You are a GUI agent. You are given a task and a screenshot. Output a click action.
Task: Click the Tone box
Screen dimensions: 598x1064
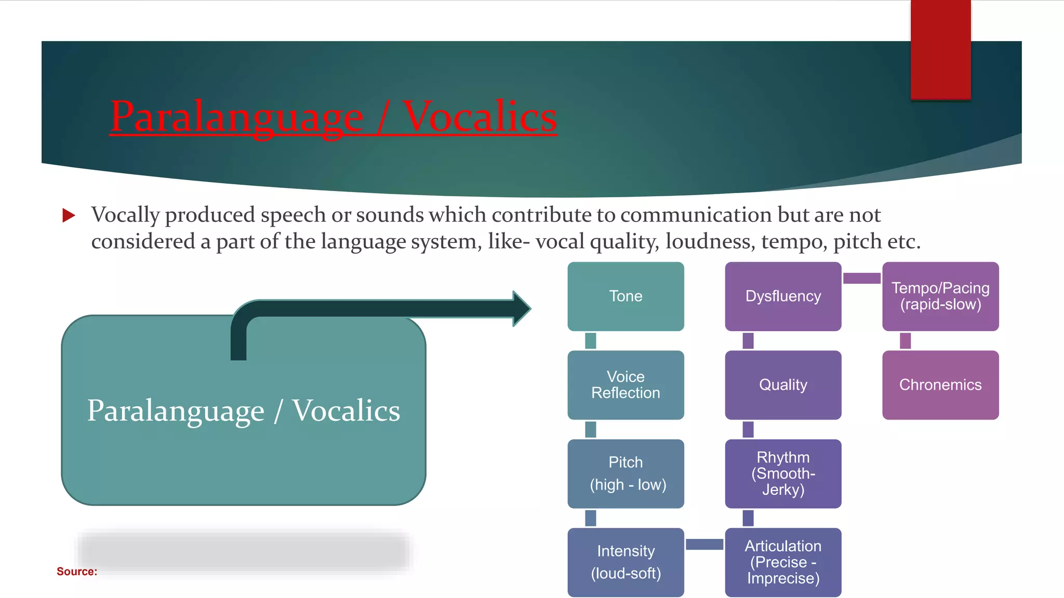(x=626, y=296)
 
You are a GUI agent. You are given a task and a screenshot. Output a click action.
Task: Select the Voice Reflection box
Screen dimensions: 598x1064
(x=626, y=385)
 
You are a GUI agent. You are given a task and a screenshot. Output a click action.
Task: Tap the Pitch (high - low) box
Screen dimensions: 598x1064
(x=626, y=473)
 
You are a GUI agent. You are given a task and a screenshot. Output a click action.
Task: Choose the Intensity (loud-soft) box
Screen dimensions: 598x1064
(x=626, y=562)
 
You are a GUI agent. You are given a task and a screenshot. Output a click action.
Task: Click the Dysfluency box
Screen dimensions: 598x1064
(x=783, y=296)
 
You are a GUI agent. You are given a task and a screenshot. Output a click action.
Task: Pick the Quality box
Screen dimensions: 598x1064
(x=783, y=385)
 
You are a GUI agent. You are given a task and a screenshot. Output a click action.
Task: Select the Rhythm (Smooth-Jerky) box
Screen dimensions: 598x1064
(x=783, y=473)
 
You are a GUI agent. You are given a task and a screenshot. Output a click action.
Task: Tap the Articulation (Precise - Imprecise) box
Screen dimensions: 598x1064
(x=783, y=562)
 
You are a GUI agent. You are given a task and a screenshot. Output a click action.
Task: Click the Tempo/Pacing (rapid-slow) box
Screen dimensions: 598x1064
(x=940, y=296)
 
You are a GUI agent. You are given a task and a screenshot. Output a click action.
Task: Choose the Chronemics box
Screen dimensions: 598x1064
(x=940, y=385)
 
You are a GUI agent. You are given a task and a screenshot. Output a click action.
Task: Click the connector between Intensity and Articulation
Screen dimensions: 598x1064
(x=704, y=544)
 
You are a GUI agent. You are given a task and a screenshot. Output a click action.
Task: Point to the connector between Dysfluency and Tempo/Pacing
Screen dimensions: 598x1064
(x=861, y=278)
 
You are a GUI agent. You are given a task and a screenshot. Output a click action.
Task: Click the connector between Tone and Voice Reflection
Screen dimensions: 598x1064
(x=591, y=341)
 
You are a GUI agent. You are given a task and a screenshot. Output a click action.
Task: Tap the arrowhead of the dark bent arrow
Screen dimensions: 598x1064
(x=521, y=308)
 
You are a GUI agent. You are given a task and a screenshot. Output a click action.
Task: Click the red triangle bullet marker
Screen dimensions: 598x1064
(x=69, y=215)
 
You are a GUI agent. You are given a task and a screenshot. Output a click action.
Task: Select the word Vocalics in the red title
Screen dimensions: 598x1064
(x=480, y=117)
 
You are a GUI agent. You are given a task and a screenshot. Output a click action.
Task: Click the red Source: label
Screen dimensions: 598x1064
(x=77, y=572)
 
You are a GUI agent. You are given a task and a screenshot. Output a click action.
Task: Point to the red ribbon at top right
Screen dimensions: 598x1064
(x=940, y=49)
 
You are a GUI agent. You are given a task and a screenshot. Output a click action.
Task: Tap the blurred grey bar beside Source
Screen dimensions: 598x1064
(x=244, y=552)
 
